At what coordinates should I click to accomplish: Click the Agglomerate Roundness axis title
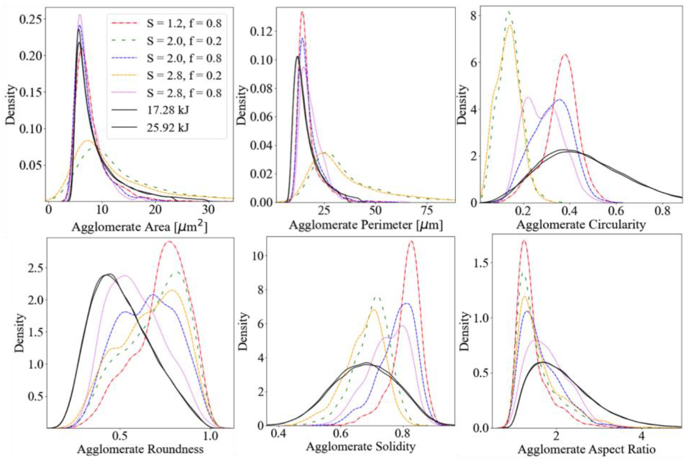click(x=140, y=449)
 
